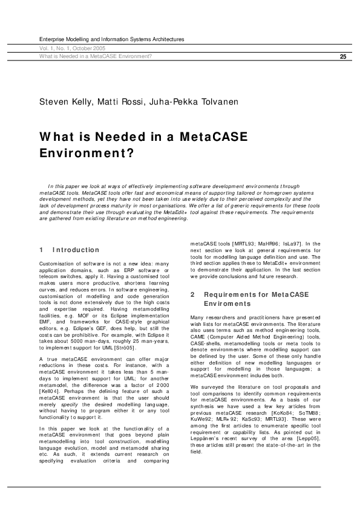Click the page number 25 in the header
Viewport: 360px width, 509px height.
coord(343,57)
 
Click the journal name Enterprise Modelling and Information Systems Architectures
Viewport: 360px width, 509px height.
coord(111,39)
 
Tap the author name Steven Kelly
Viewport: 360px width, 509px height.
coord(61,102)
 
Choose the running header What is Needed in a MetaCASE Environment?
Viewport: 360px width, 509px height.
coord(96,57)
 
